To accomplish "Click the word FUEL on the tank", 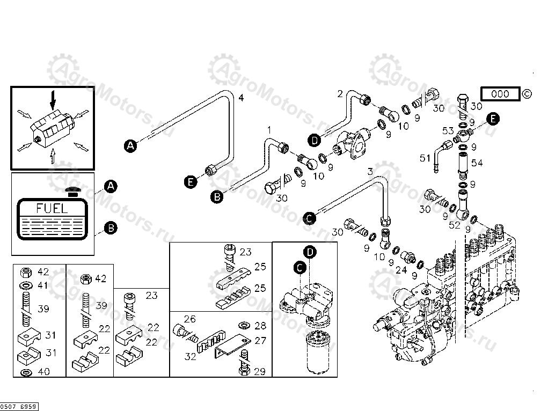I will click(x=52, y=208).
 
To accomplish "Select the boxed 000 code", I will click(x=500, y=94).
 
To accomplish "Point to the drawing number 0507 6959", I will click(x=19, y=407).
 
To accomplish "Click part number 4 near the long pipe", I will click(x=241, y=98).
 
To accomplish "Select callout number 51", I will click(x=425, y=158).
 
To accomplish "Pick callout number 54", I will click(x=477, y=162).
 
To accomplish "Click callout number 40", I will click(x=43, y=371).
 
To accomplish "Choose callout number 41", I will click(x=43, y=285).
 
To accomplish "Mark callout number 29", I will click(x=260, y=371).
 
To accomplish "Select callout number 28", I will click(x=260, y=325).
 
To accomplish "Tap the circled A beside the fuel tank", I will click(x=110, y=186).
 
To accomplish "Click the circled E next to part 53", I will click(x=493, y=119).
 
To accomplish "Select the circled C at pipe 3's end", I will click(x=309, y=217).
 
